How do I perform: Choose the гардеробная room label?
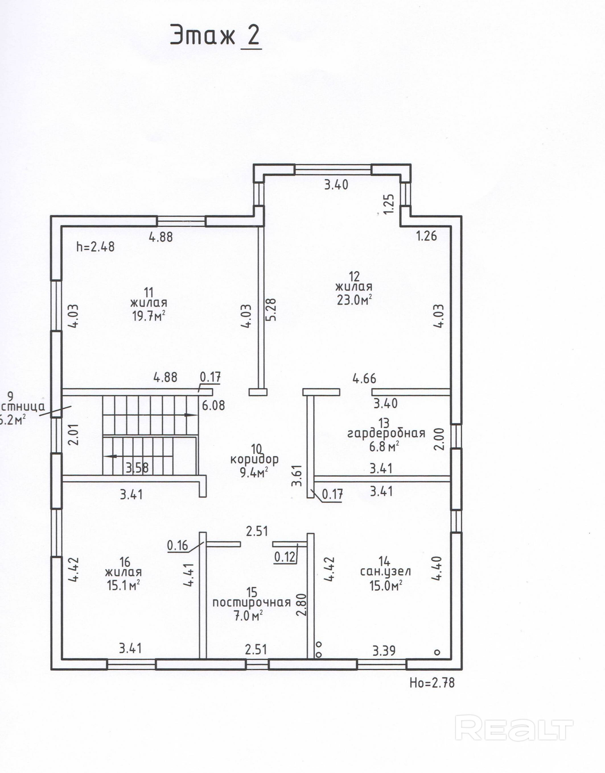pyautogui.click(x=386, y=433)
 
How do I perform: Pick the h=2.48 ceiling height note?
pyautogui.click(x=96, y=247)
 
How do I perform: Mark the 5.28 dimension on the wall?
pyautogui.click(x=272, y=310)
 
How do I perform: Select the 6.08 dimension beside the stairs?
pyautogui.click(x=213, y=405)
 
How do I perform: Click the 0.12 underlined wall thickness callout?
pyautogui.click(x=285, y=557)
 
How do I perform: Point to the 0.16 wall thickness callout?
pyautogui.click(x=178, y=546)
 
